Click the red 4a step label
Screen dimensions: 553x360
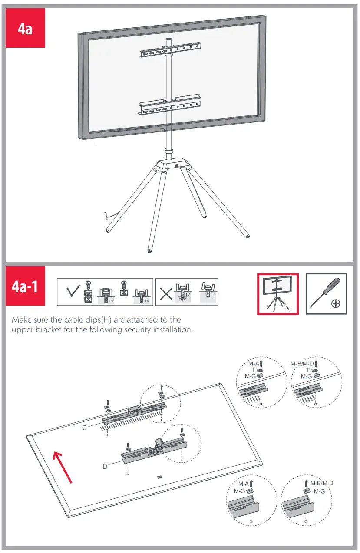25,29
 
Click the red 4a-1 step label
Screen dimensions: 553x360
25,287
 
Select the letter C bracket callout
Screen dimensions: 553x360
85,428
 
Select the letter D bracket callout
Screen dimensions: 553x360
105,466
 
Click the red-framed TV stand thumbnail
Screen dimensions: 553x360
277,294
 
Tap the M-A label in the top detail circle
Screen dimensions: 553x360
254,363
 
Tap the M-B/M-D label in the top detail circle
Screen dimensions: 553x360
302,363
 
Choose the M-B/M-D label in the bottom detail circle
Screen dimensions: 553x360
321,483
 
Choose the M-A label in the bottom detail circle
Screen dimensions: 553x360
244,484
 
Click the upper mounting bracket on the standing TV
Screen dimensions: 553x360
170,51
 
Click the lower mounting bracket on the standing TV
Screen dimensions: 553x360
170,105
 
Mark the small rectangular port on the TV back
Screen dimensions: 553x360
159,477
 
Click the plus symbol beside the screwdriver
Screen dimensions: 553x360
335,303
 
